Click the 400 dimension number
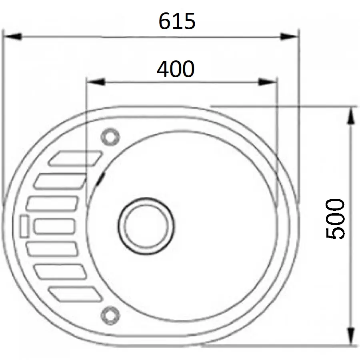(175, 69)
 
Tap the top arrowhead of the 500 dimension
(351, 116)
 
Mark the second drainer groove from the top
(60, 181)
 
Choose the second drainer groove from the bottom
(60, 272)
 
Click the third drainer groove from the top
(52, 204)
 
